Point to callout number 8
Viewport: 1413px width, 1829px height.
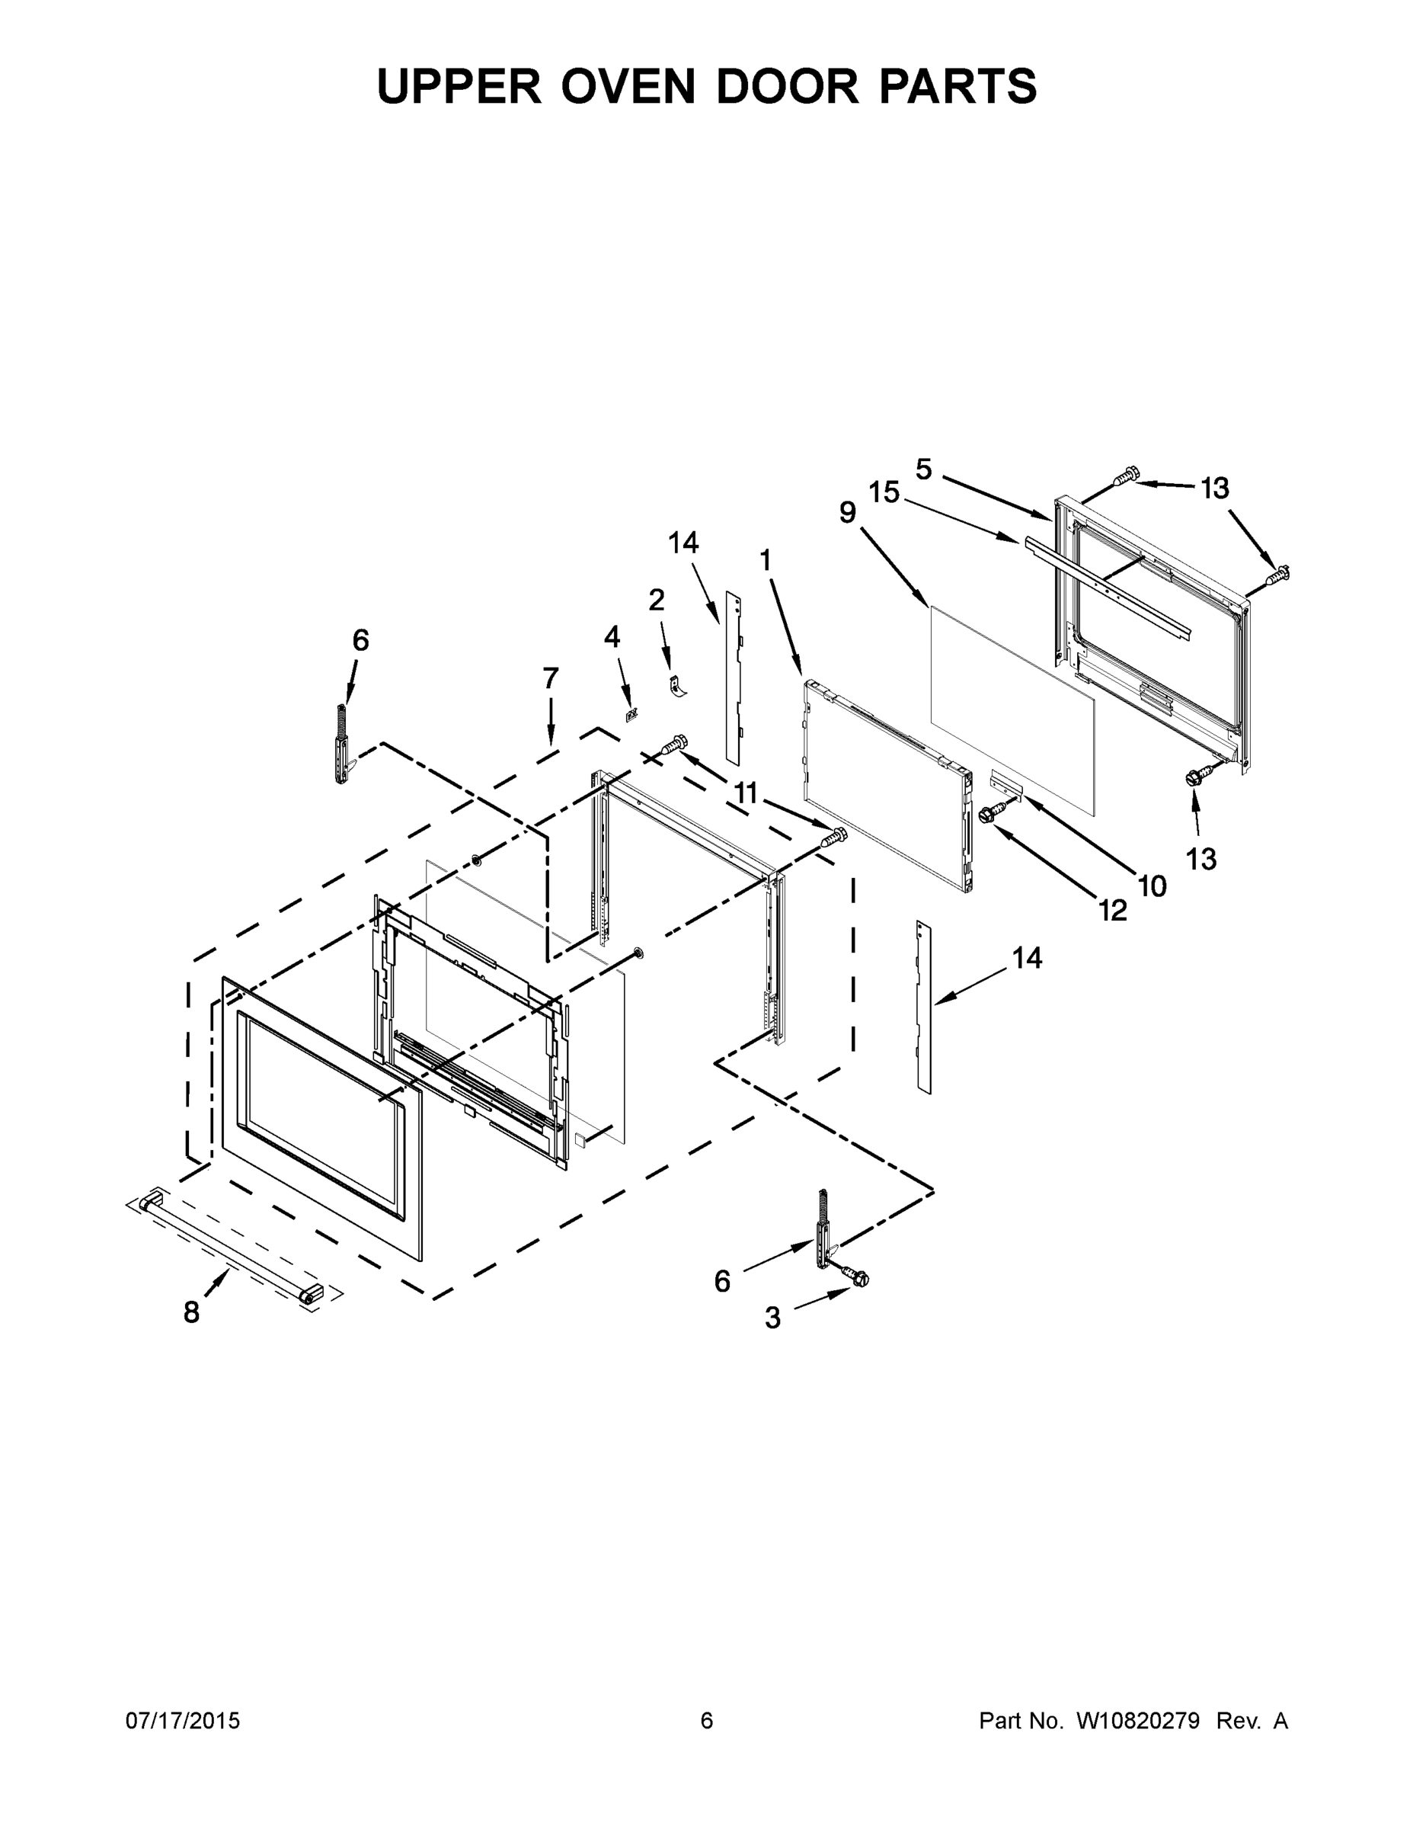click(192, 1312)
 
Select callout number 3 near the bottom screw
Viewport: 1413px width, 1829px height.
click(772, 1318)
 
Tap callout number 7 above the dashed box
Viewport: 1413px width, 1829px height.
click(550, 678)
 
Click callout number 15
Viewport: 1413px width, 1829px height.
click(883, 492)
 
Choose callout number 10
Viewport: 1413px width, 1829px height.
click(1152, 886)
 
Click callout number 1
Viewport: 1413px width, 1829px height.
click(765, 560)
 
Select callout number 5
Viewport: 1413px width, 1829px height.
click(923, 469)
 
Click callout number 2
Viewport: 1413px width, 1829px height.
click(657, 600)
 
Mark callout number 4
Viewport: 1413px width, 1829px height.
click(612, 637)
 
